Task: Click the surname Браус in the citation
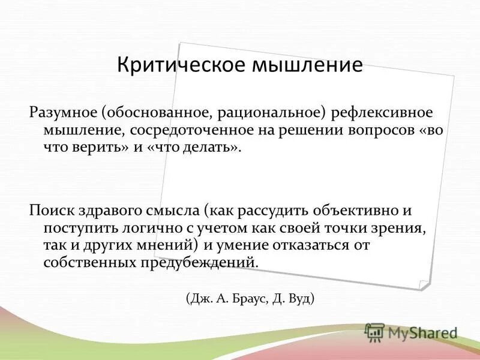click(x=256, y=298)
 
